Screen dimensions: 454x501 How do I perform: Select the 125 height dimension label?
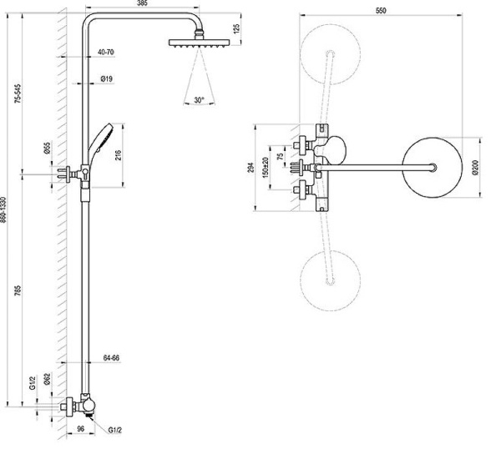coord(236,28)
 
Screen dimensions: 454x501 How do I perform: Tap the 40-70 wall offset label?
coord(105,53)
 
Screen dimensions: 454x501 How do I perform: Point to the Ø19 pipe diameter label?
coord(107,79)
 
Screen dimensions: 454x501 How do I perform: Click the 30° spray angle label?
coord(198,99)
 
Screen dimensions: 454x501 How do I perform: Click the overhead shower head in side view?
coord(197,43)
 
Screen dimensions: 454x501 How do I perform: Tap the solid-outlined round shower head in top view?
coord(433,170)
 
